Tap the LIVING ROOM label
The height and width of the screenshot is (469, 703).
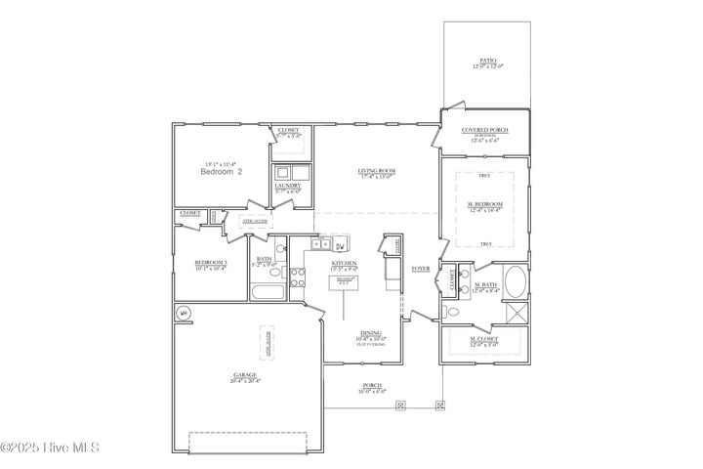point(376,171)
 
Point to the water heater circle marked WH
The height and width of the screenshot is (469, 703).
point(183,313)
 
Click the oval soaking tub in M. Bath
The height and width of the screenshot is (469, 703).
point(516,285)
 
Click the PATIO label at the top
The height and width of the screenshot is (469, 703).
point(488,61)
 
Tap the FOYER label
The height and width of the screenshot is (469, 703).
point(421,267)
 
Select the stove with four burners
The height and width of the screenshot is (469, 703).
point(393,245)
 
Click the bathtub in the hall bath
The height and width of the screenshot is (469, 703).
point(266,292)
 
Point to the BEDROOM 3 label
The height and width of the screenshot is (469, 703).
point(210,263)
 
